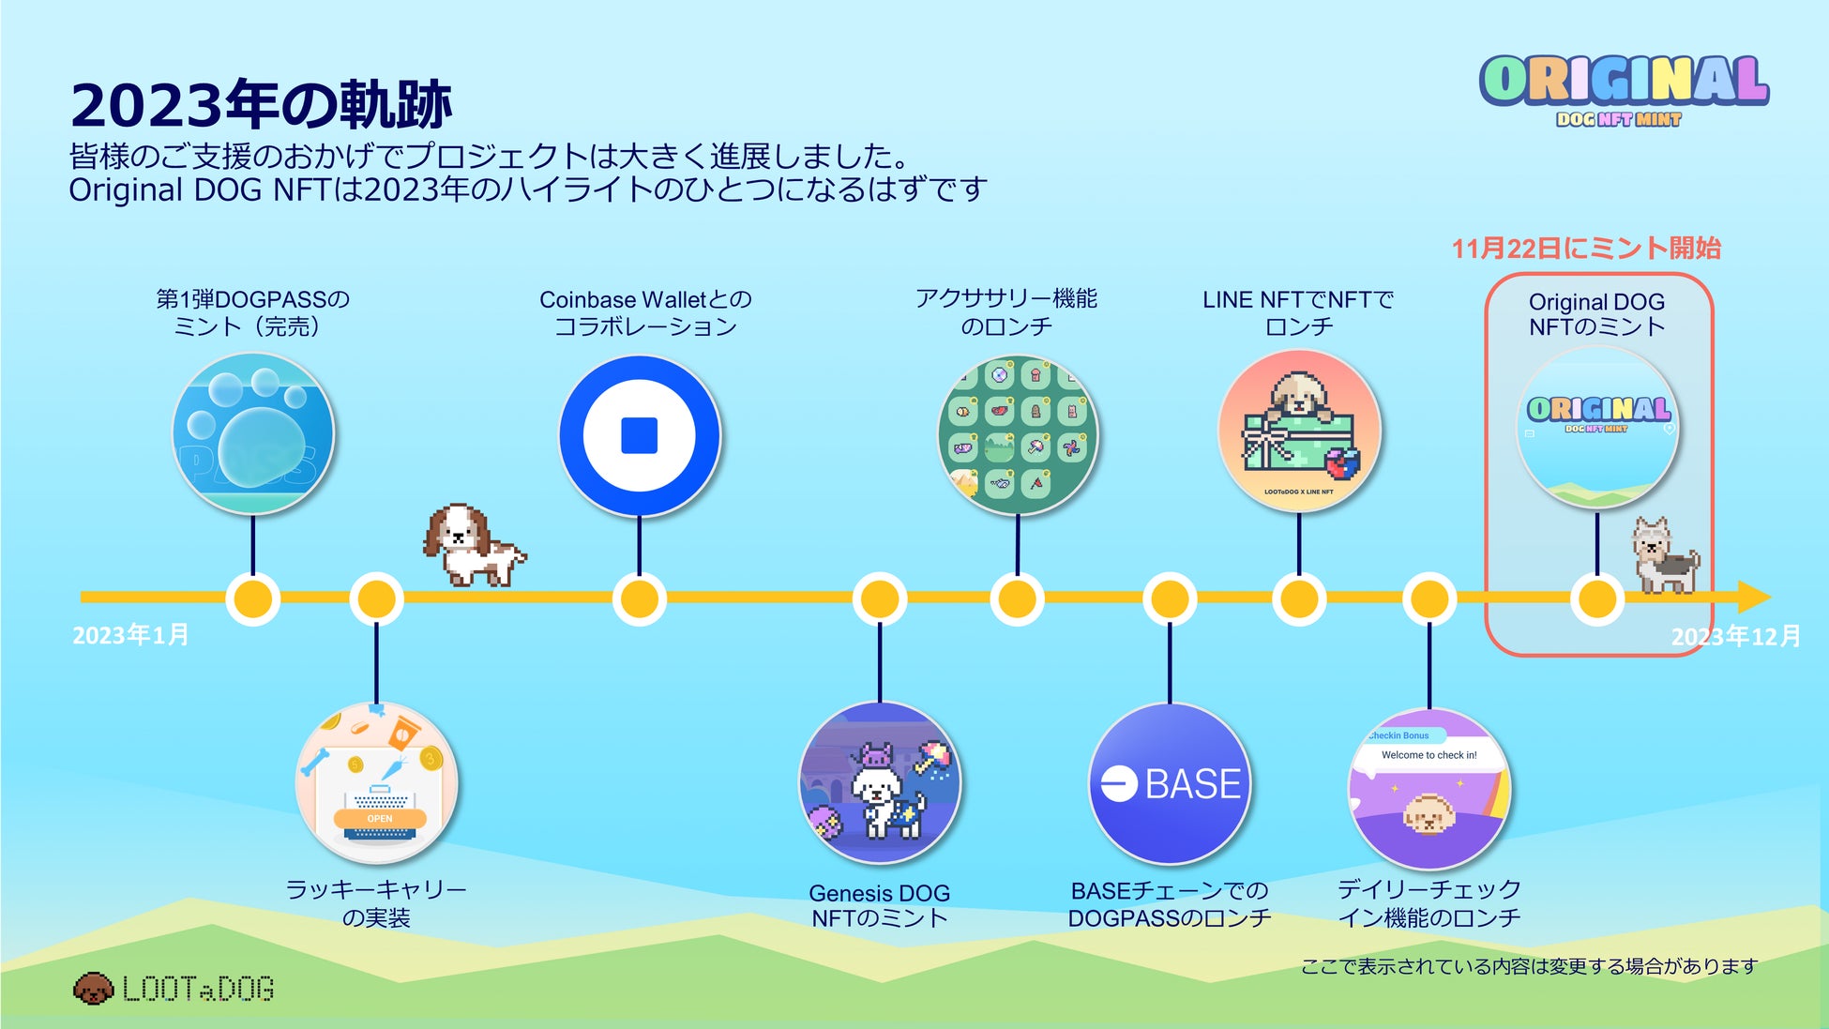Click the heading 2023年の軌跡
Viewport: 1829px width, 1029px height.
pyautogui.click(x=261, y=104)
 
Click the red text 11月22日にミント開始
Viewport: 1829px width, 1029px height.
pyautogui.click(x=1586, y=249)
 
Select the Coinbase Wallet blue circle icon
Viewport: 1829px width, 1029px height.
pyautogui.click(x=640, y=435)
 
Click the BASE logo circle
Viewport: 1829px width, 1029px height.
pyautogui.click(x=1170, y=783)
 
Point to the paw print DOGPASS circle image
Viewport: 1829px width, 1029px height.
pyautogui.click(x=253, y=433)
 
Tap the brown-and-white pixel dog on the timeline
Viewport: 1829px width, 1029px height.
pyautogui.click(x=473, y=543)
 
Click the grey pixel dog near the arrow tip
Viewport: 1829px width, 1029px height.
pyautogui.click(x=1665, y=555)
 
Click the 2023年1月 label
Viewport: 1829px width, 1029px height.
pyautogui.click(x=130, y=635)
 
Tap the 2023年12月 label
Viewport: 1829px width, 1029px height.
pyautogui.click(x=1735, y=637)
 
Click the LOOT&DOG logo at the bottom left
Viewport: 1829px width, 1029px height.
pyautogui.click(x=174, y=989)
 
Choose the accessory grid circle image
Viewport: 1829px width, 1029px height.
pyautogui.click(x=1018, y=434)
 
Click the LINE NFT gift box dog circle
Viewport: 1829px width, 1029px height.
pyautogui.click(x=1299, y=431)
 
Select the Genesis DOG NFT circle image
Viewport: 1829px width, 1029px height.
pyautogui.click(x=880, y=783)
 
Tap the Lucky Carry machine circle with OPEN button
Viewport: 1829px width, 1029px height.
pyautogui.click(x=377, y=783)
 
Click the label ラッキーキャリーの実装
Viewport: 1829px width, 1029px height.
pyautogui.click(x=376, y=902)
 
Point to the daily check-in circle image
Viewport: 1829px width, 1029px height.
pyautogui.click(x=1428, y=789)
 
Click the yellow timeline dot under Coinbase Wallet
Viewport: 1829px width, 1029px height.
pyautogui.click(x=640, y=598)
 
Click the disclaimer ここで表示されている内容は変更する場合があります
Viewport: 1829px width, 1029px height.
pyautogui.click(x=1529, y=966)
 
